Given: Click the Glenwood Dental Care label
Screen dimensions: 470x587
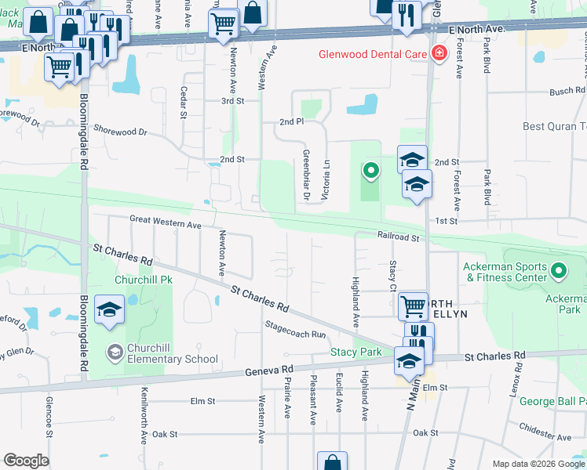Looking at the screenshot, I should [x=371, y=54].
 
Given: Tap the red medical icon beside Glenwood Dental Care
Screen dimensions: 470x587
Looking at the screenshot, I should [x=438, y=54].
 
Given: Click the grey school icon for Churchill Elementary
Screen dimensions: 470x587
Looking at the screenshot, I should [x=115, y=350].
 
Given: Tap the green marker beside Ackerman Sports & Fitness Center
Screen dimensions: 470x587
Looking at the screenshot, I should [x=559, y=272].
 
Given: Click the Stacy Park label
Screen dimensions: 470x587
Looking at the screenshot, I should [x=355, y=352].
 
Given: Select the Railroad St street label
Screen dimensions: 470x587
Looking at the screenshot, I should [x=399, y=236].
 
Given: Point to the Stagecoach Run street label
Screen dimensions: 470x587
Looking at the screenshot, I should [x=295, y=329].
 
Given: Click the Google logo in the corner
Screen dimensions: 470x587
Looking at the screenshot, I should [x=26, y=461].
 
